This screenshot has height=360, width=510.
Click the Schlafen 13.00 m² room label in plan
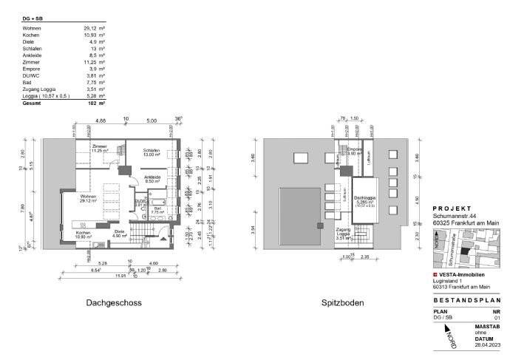(x=152, y=152)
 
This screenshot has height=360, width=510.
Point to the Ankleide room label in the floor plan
(x=153, y=179)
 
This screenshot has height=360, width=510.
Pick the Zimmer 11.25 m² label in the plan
(x=100, y=148)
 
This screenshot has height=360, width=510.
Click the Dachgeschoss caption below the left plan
(x=113, y=303)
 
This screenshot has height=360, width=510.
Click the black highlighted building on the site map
(x=464, y=251)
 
